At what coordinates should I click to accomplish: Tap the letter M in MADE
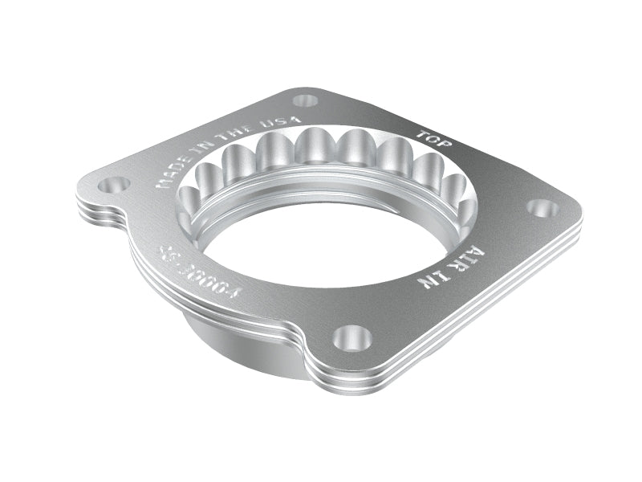pyautogui.click(x=160, y=183)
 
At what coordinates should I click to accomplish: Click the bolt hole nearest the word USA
pyautogui.click(x=305, y=101)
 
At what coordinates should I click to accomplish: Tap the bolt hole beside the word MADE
pyautogui.click(x=114, y=185)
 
